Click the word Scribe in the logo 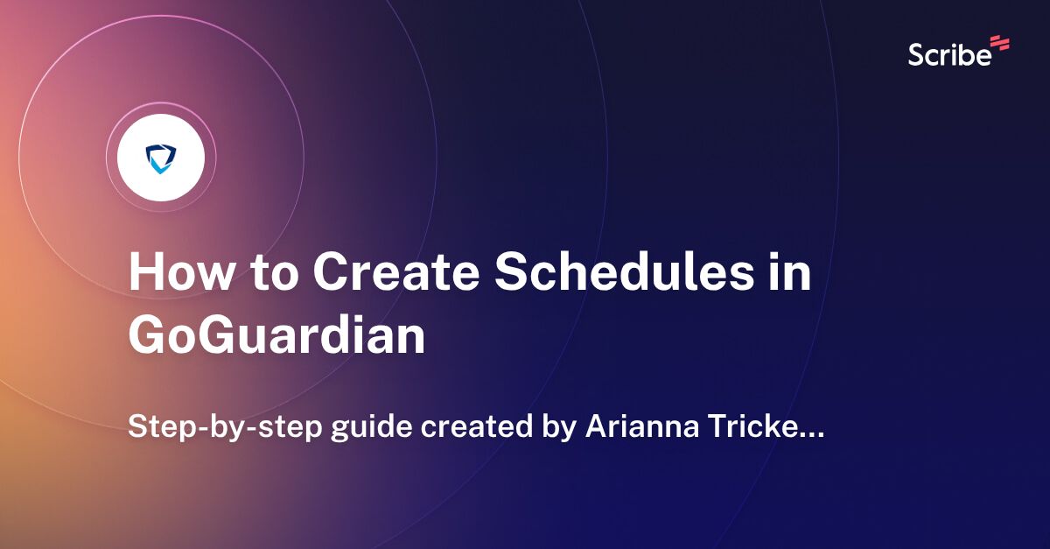[949, 55]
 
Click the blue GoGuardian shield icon [160, 158]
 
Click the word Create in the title [393, 274]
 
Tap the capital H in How [147, 274]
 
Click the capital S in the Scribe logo [916, 55]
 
